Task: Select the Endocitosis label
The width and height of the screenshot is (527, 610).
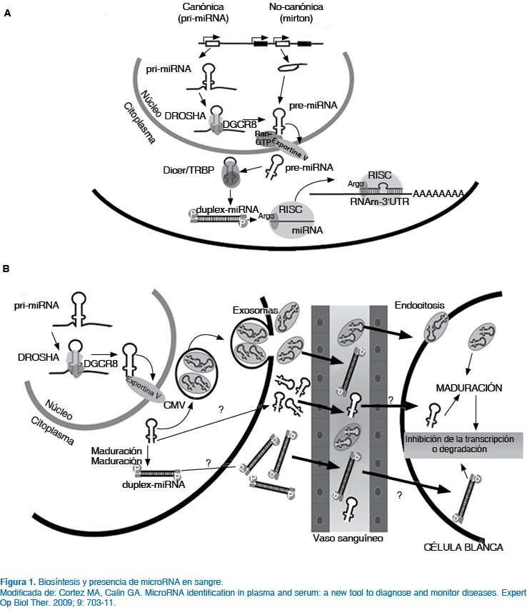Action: tap(419, 304)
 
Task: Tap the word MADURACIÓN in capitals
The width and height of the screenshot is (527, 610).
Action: tap(468, 388)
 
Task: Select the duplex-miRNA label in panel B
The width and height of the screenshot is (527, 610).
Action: tap(153, 484)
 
